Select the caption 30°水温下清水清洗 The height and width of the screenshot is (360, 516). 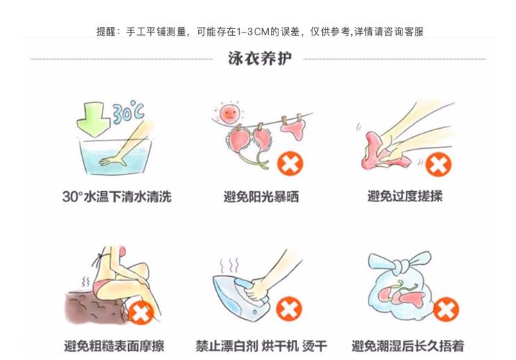point(116,197)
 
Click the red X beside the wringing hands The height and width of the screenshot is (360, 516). point(436,165)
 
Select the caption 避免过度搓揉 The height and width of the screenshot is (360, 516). point(404,197)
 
